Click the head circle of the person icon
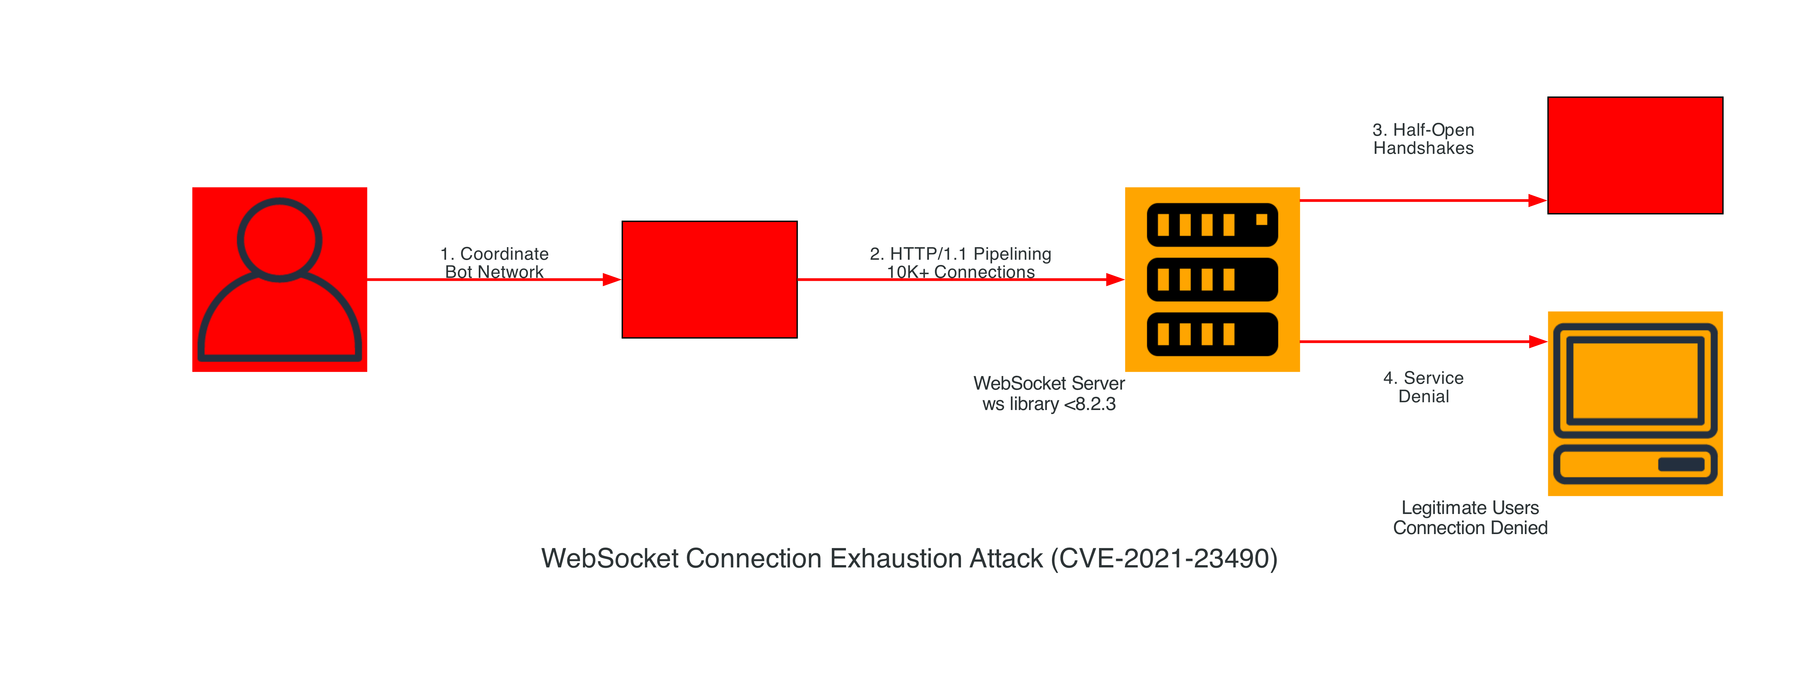click(280, 239)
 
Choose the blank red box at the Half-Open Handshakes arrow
click(1635, 155)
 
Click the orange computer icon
click(1635, 403)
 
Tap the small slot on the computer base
click(1681, 464)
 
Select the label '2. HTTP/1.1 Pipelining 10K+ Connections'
click(960, 263)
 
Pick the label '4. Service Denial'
click(1423, 387)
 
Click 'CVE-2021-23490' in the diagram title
click(1164, 559)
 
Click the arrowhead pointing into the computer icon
click(1537, 342)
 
